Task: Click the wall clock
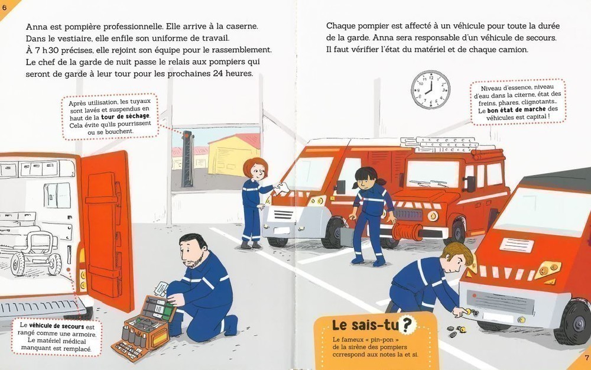click(430, 90)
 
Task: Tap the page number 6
click(5, 8)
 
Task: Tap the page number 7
click(586, 358)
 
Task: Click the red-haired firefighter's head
click(255, 169)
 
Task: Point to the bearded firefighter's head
click(192, 250)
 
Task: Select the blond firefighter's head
click(457, 257)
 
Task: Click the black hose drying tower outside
click(187, 158)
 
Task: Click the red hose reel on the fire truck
click(407, 231)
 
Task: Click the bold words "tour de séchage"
click(125, 116)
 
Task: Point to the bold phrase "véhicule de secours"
click(57, 326)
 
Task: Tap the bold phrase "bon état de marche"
click(517, 110)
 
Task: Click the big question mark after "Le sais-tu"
click(407, 325)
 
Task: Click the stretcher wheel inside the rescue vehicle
click(18, 264)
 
